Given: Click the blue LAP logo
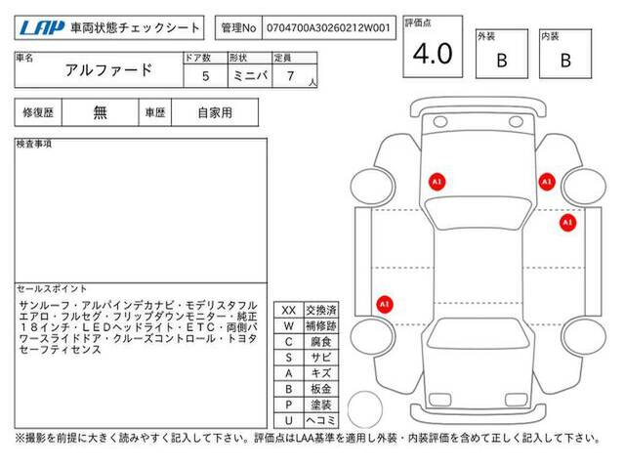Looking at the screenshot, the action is click(x=42, y=28).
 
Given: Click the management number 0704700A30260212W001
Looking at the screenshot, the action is click(x=328, y=28).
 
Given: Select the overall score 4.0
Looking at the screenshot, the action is click(x=433, y=54).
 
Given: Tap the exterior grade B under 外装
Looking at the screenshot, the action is click(x=502, y=61).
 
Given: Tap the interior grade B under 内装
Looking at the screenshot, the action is click(x=565, y=61).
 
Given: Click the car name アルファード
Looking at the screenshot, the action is click(x=108, y=70).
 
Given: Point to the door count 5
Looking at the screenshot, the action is click(x=206, y=76).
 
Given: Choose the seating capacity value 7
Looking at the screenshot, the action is click(x=291, y=76).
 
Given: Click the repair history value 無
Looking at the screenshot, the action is click(x=100, y=112).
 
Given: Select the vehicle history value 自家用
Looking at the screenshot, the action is click(x=215, y=113).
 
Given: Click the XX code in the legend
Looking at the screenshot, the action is click(x=289, y=311).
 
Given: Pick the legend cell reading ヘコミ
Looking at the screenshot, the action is click(x=321, y=420).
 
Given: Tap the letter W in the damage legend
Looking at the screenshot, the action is click(x=289, y=325).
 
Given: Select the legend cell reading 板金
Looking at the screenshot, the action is click(x=321, y=389).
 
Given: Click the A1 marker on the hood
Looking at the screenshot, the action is click(x=437, y=182).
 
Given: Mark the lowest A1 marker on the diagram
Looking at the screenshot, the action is click(x=385, y=304).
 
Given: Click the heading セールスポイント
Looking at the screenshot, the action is click(x=52, y=289).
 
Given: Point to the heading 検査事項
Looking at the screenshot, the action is click(x=34, y=144).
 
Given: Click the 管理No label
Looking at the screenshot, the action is click(x=238, y=28).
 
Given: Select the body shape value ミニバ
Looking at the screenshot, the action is click(x=250, y=76).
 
